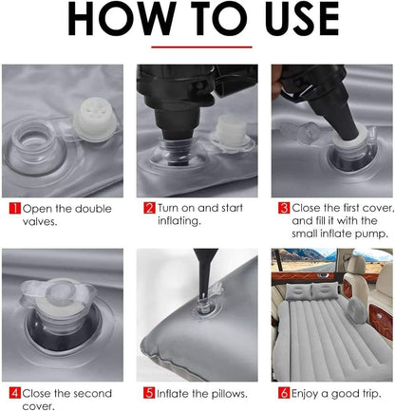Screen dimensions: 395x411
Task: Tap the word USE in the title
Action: pos(302,19)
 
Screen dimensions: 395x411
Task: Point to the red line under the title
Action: pos(201,47)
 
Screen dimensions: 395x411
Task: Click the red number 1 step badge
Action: pos(15,209)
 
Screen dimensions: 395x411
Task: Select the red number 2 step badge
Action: pos(149,208)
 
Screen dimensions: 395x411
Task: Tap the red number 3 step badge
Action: pos(284,208)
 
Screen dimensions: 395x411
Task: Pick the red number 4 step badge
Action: pos(15,393)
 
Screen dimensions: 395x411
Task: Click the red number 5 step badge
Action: pos(149,393)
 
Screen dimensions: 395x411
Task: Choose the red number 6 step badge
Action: pos(284,393)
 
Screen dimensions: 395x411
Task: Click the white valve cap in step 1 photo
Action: pos(94,121)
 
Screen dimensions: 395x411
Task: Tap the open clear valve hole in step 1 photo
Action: pos(33,142)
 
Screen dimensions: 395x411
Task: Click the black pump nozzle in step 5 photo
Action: pos(205,272)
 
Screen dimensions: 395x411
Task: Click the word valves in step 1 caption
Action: pos(40,222)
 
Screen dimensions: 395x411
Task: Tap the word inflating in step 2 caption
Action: pos(179,221)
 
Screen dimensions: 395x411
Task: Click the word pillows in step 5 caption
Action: pos(229,394)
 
